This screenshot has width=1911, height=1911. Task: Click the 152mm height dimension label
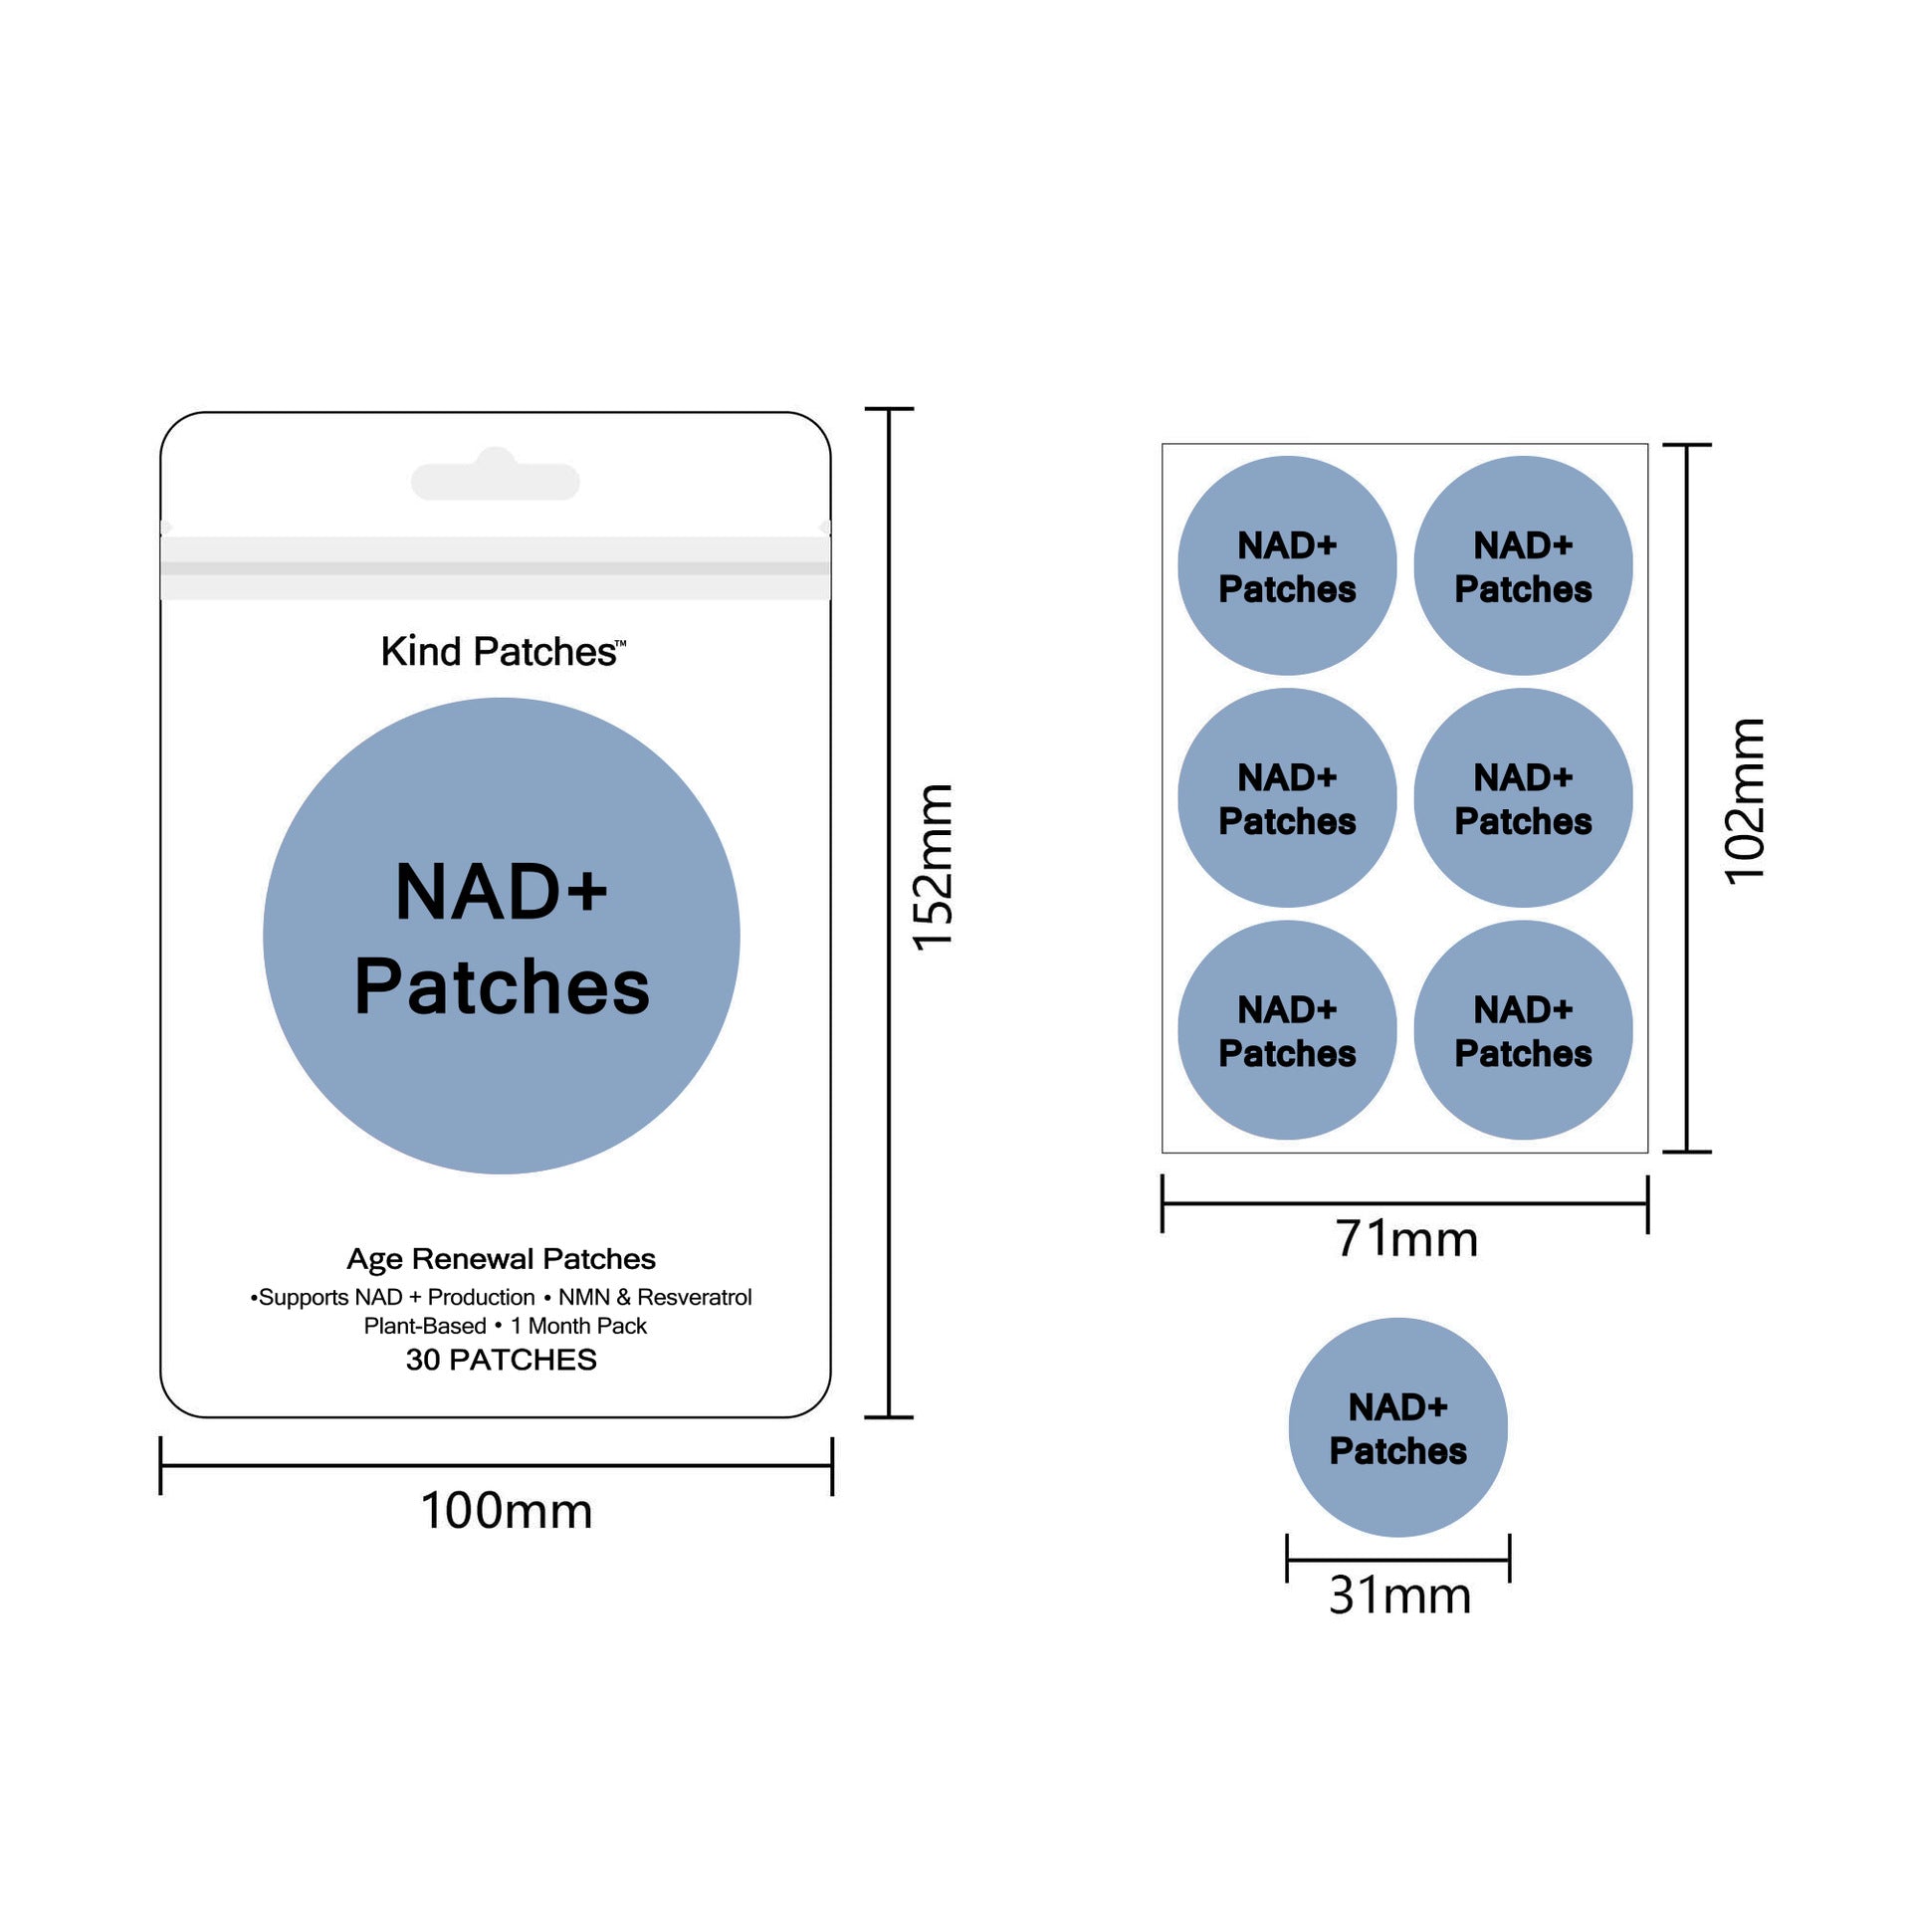[934, 867]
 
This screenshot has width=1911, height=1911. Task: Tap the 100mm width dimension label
[507, 1511]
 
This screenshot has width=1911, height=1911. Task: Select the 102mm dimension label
[1745, 801]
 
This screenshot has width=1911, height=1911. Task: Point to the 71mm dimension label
[1406, 1239]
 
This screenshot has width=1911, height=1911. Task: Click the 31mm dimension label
[1399, 1595]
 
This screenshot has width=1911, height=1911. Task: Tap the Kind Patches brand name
[503, 652]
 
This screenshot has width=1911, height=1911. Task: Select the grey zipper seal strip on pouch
[496, 567]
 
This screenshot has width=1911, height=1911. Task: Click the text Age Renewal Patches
[501, 1259]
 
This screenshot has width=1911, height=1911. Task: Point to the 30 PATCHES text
[501, 1360]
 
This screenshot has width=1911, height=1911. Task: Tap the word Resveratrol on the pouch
[695, 1298]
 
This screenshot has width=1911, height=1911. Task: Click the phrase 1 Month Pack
[578, 1326]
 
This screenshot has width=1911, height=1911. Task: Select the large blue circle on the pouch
[502, 936]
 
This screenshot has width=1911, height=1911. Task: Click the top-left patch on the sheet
[1287, 565]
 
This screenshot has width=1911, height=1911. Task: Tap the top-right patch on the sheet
[1523, 565]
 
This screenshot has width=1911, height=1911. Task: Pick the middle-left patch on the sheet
[1287, 797]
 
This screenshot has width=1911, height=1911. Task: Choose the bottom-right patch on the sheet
[1523, 1029]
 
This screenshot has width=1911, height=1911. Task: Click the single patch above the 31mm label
[1397, 1427]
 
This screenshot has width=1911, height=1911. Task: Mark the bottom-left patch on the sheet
[1287, 1029]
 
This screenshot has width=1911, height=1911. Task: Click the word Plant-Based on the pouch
[425, 1326]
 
